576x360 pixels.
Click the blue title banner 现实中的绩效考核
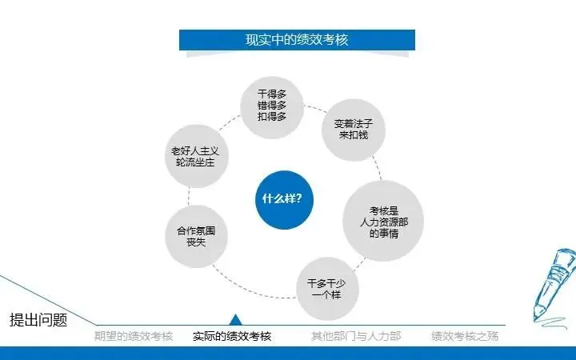[297, 40]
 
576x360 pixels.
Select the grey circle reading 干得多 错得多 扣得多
[272, 105]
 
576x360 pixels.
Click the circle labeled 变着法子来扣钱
[354, 130]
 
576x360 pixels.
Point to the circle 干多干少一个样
[327, 289]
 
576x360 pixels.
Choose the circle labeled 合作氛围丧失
[196, 237]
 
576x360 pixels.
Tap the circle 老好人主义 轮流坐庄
[194, 156]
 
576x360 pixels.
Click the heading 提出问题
[38, 321]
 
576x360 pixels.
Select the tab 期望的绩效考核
[133, 336]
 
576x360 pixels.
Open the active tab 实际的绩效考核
[232, 336]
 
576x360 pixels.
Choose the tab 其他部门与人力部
[356, 336]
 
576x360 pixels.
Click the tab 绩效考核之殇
[465, 336]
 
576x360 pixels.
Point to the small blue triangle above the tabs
[235, 320]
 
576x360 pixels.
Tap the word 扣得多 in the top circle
[272, 117]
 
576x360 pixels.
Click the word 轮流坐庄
[194, 162]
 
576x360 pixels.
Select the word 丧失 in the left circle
[196, 243]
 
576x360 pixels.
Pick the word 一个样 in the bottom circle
[327, 295]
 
